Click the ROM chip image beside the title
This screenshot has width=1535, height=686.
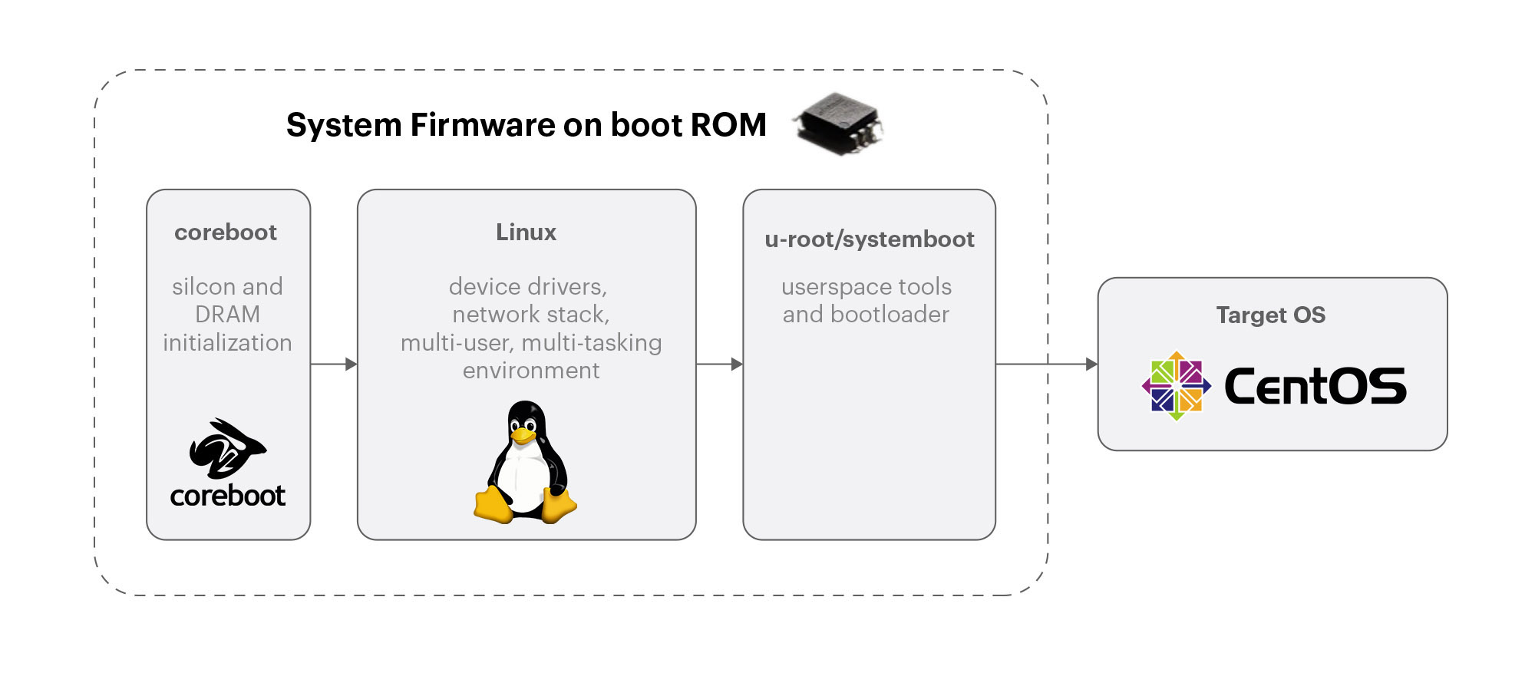[x=839, y=125]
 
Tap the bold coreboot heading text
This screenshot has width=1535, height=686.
[x=226, y=233]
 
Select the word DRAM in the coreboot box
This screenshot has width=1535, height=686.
[x=227, y=315]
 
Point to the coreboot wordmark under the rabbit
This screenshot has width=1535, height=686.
[x=227, y=496]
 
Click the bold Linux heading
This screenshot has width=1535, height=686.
[x=526, y=233]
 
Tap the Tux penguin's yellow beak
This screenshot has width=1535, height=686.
[x=523, y=436]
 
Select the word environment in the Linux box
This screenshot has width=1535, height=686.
[x=531, y=371]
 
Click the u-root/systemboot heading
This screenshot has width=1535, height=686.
[x=869, y=239]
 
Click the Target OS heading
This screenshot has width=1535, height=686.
[x=1270, y=315]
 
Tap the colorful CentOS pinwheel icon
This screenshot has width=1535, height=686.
[x=1176, y=386]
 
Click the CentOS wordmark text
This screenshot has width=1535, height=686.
[x=1315, y=386]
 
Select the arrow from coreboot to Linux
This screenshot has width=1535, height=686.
[x=335, y=364]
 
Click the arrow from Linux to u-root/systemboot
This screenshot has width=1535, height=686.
[x=720, y=364]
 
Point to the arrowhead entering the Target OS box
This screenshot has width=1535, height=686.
[x=1091, y=364]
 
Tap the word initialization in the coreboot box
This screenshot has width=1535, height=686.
[x=227, y=343]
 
